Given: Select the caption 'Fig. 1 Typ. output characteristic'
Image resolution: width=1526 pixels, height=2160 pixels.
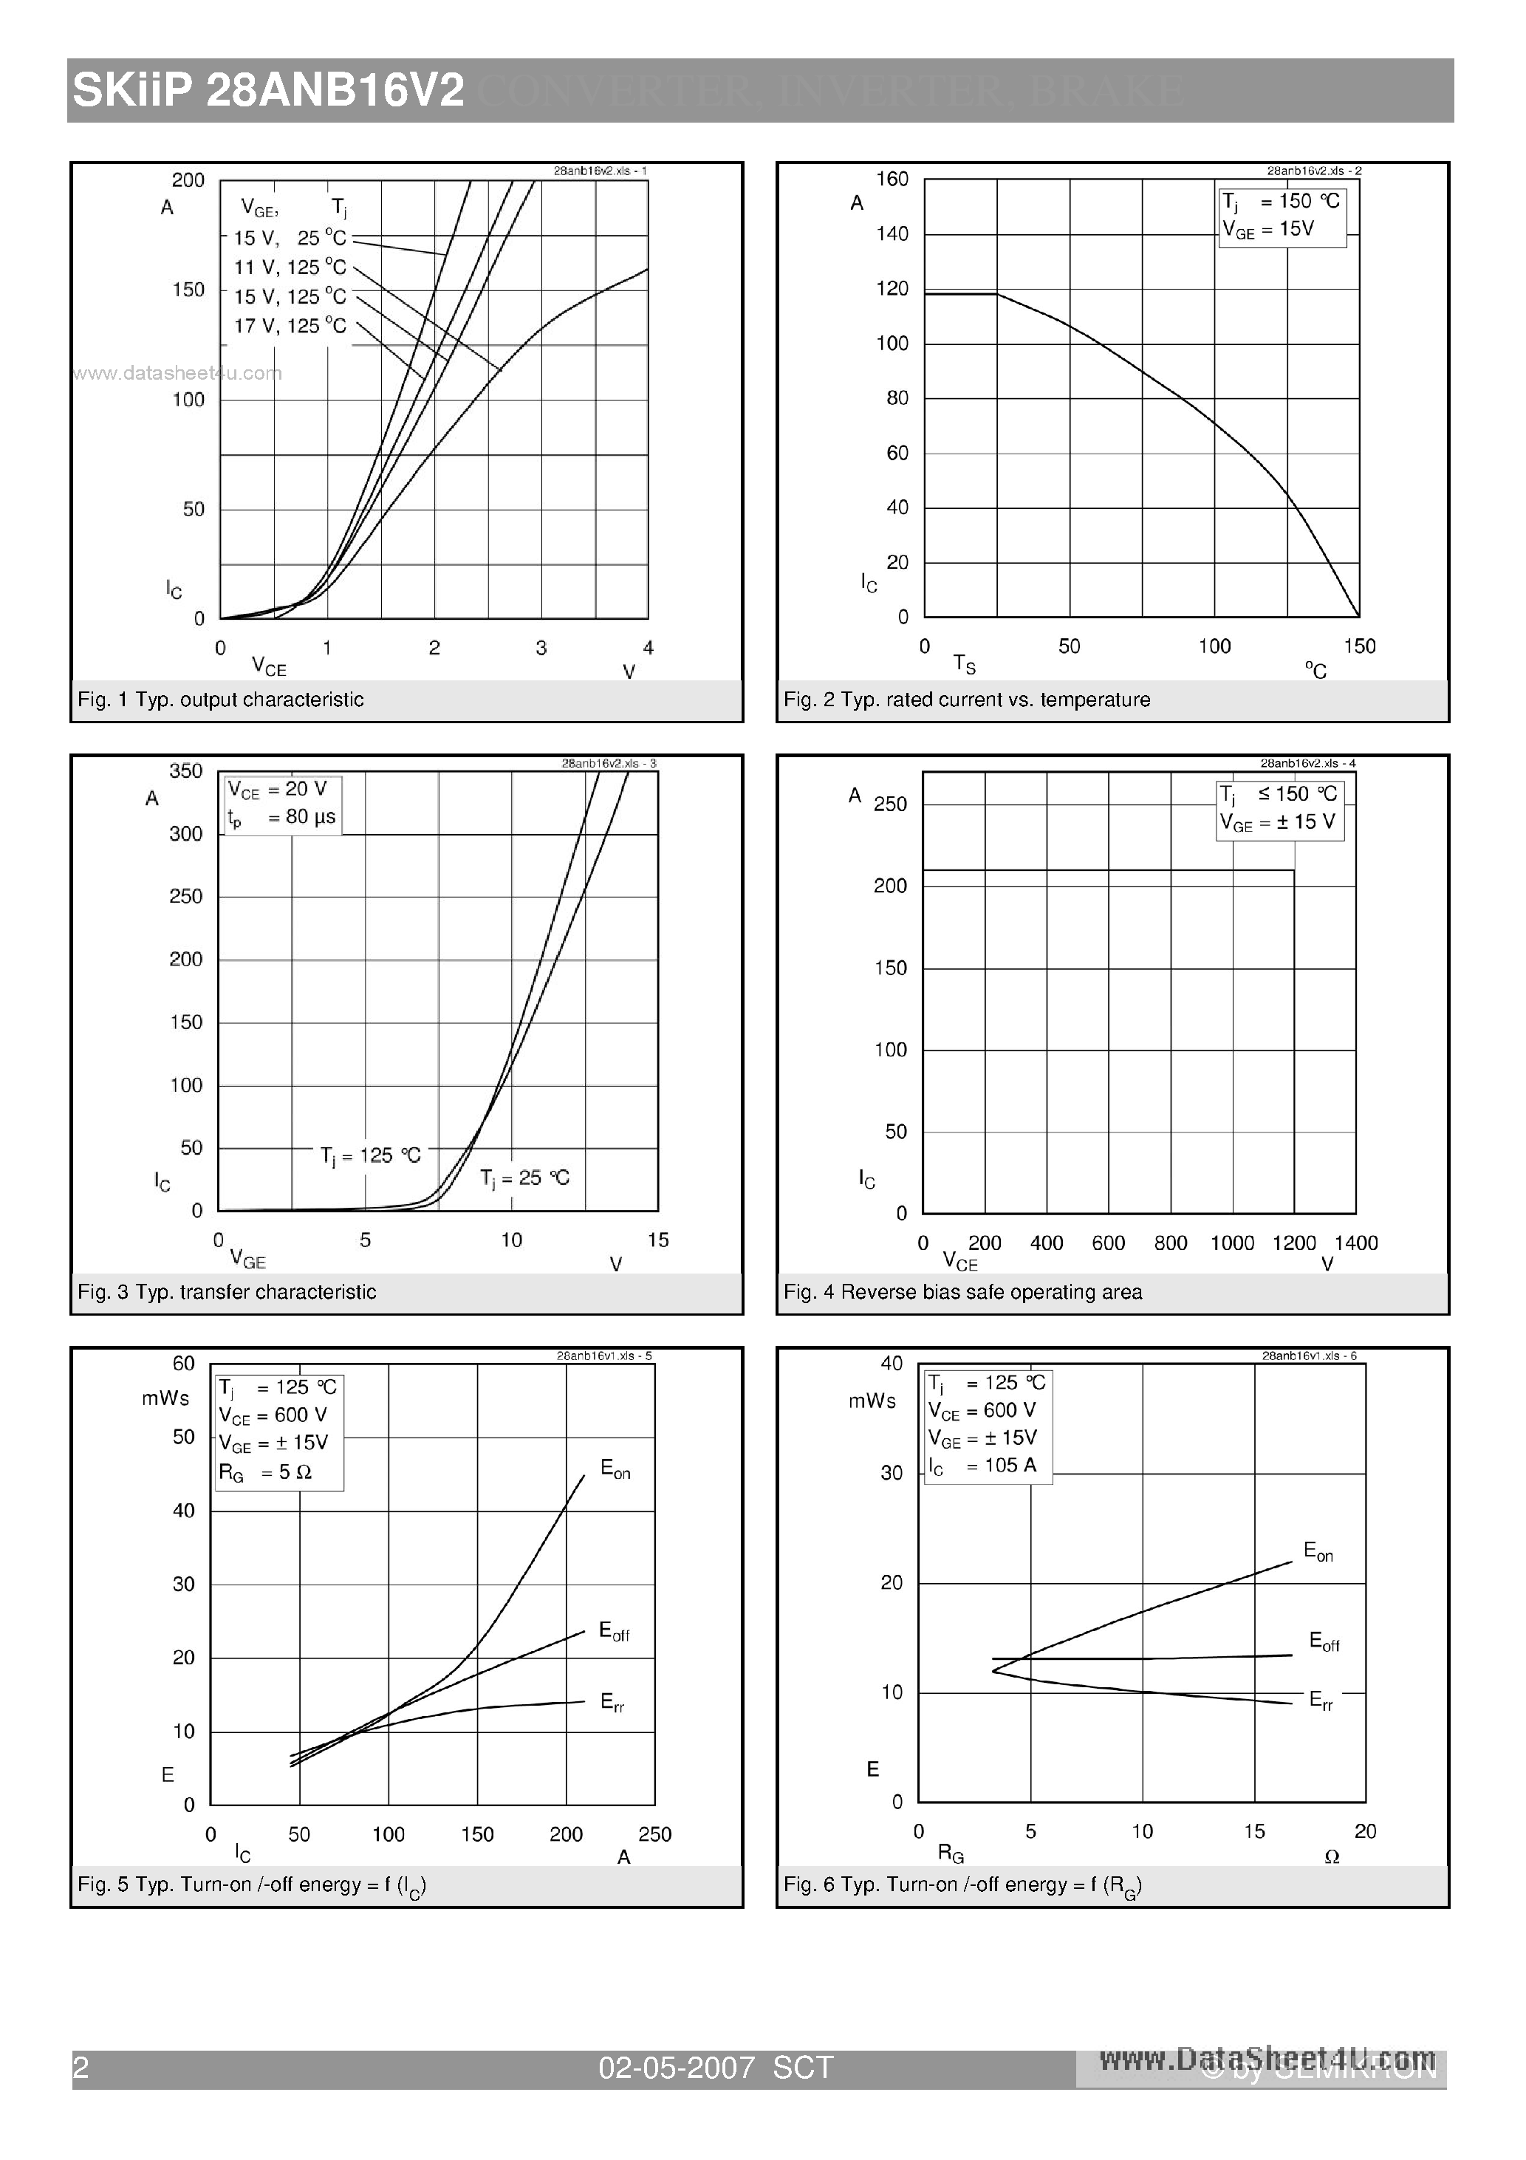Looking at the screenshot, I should coord(220,699).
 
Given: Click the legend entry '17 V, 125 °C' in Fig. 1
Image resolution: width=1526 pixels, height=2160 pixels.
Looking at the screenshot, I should coord(290,326).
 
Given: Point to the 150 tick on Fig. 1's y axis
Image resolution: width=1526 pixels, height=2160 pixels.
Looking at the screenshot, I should coord(188,290).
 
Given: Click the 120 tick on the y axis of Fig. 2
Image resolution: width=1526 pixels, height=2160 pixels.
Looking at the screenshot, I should coord(892,289).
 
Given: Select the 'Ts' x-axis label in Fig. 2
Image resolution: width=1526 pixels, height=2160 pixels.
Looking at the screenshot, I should coord(965,664).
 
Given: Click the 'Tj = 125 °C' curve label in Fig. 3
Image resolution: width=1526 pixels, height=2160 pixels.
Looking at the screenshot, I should coord(370,1155).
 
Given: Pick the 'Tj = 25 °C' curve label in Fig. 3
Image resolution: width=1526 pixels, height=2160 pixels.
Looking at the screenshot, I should coord(524,1178).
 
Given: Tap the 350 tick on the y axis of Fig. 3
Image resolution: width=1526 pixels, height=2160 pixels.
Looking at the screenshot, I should coord(185,770).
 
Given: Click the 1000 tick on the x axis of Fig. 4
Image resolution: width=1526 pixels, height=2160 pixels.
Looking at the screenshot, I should coord(1231,1243).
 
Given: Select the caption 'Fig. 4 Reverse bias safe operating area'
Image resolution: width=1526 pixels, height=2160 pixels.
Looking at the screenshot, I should coord(962,1292).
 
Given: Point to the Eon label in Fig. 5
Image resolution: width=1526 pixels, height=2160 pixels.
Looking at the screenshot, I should coord(615,1469).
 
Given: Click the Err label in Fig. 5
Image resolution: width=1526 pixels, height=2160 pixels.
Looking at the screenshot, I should coord(612,1703).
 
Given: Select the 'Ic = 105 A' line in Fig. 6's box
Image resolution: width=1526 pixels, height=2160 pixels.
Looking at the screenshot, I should coord(982,1466).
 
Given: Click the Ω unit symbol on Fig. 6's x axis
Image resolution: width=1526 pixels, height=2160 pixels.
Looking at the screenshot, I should coord(1331,1857).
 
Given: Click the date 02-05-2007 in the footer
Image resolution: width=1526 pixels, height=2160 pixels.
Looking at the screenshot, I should coord(677,2067).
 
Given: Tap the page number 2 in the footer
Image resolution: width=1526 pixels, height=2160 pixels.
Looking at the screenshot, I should coord(81,2067).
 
